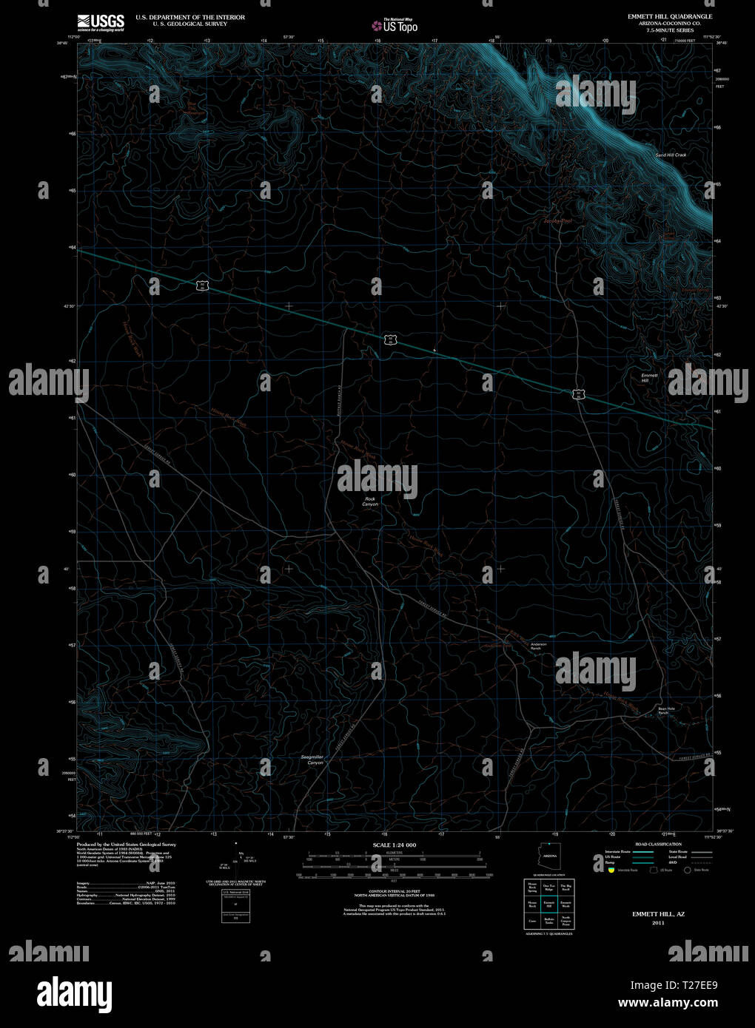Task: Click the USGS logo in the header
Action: [x=101, y=21]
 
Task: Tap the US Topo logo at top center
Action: [x=395, y=25]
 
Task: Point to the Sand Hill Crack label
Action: [x=671, y=155]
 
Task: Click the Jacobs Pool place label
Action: [x=557, y=220]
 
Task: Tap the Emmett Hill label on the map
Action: [x=649, y=377]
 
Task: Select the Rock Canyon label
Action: [x=370, y=501]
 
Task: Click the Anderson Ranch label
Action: [x=538, y=646]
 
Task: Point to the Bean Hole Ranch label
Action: [x=667, y=710]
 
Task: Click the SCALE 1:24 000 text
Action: [x=395, y=845]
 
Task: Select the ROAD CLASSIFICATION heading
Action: [x=657, y=844]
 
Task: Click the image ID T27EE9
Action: [x=694, y=985]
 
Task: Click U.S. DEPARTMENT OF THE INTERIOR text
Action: [x=190, y=17]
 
